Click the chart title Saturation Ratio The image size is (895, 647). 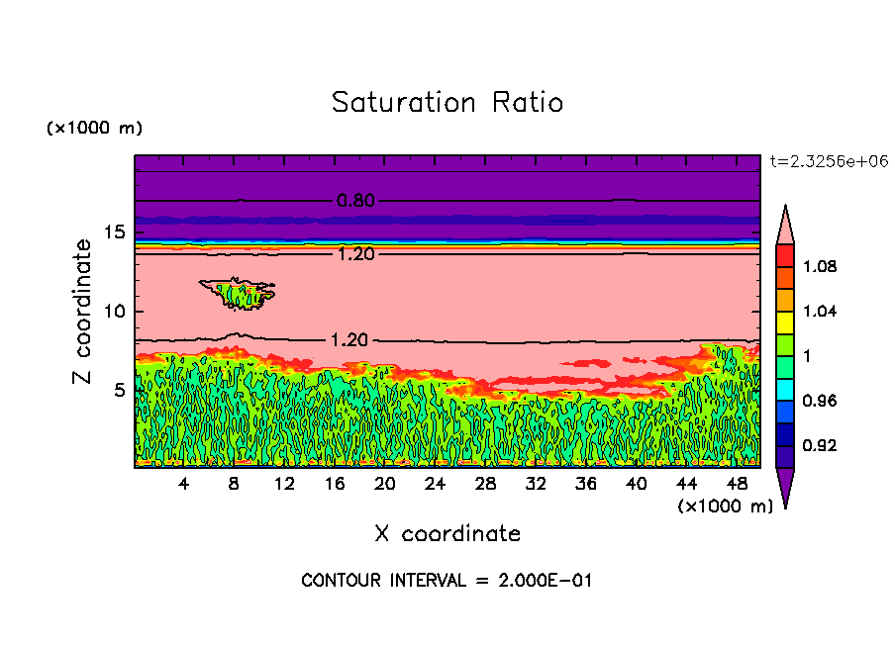coord(447,103)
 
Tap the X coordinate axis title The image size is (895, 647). coord(447,534)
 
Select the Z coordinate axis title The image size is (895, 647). coord(82,312)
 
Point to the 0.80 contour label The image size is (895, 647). coord(355,201)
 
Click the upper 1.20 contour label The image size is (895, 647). coord(355,254)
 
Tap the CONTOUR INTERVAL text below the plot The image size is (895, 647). coord(447,581)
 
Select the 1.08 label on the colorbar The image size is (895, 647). coord(821,267)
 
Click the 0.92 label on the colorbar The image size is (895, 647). coord(821,446)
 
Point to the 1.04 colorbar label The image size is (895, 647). coord(821,312)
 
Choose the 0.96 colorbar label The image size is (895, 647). coord(821,402)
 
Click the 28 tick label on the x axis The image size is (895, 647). coord(485,484)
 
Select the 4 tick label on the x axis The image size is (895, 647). coord(184,484)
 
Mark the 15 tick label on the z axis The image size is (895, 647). coord(115,232)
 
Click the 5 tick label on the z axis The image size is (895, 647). coord(120,390)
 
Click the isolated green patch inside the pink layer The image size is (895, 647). coord(238,294)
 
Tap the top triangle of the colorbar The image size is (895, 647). coord(784,223)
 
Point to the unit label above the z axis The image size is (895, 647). coord(95,129)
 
